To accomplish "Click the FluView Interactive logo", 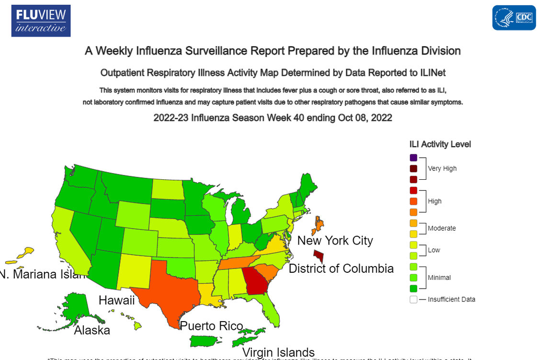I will coord(41,21).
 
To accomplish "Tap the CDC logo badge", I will coord(514,18).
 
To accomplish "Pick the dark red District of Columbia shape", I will coord(318,255).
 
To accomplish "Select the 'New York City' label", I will coord(335,240).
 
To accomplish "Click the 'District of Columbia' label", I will coord(341,268).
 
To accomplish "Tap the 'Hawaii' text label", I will coord(116,301).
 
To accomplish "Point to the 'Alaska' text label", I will coord(92,330).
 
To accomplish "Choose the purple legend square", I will coord(413,157).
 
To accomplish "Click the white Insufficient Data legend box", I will coord(413,300).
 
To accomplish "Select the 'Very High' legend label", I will coord(442,168).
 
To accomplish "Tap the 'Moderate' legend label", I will coord(442,228).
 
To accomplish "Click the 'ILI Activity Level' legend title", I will coord(440,144).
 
